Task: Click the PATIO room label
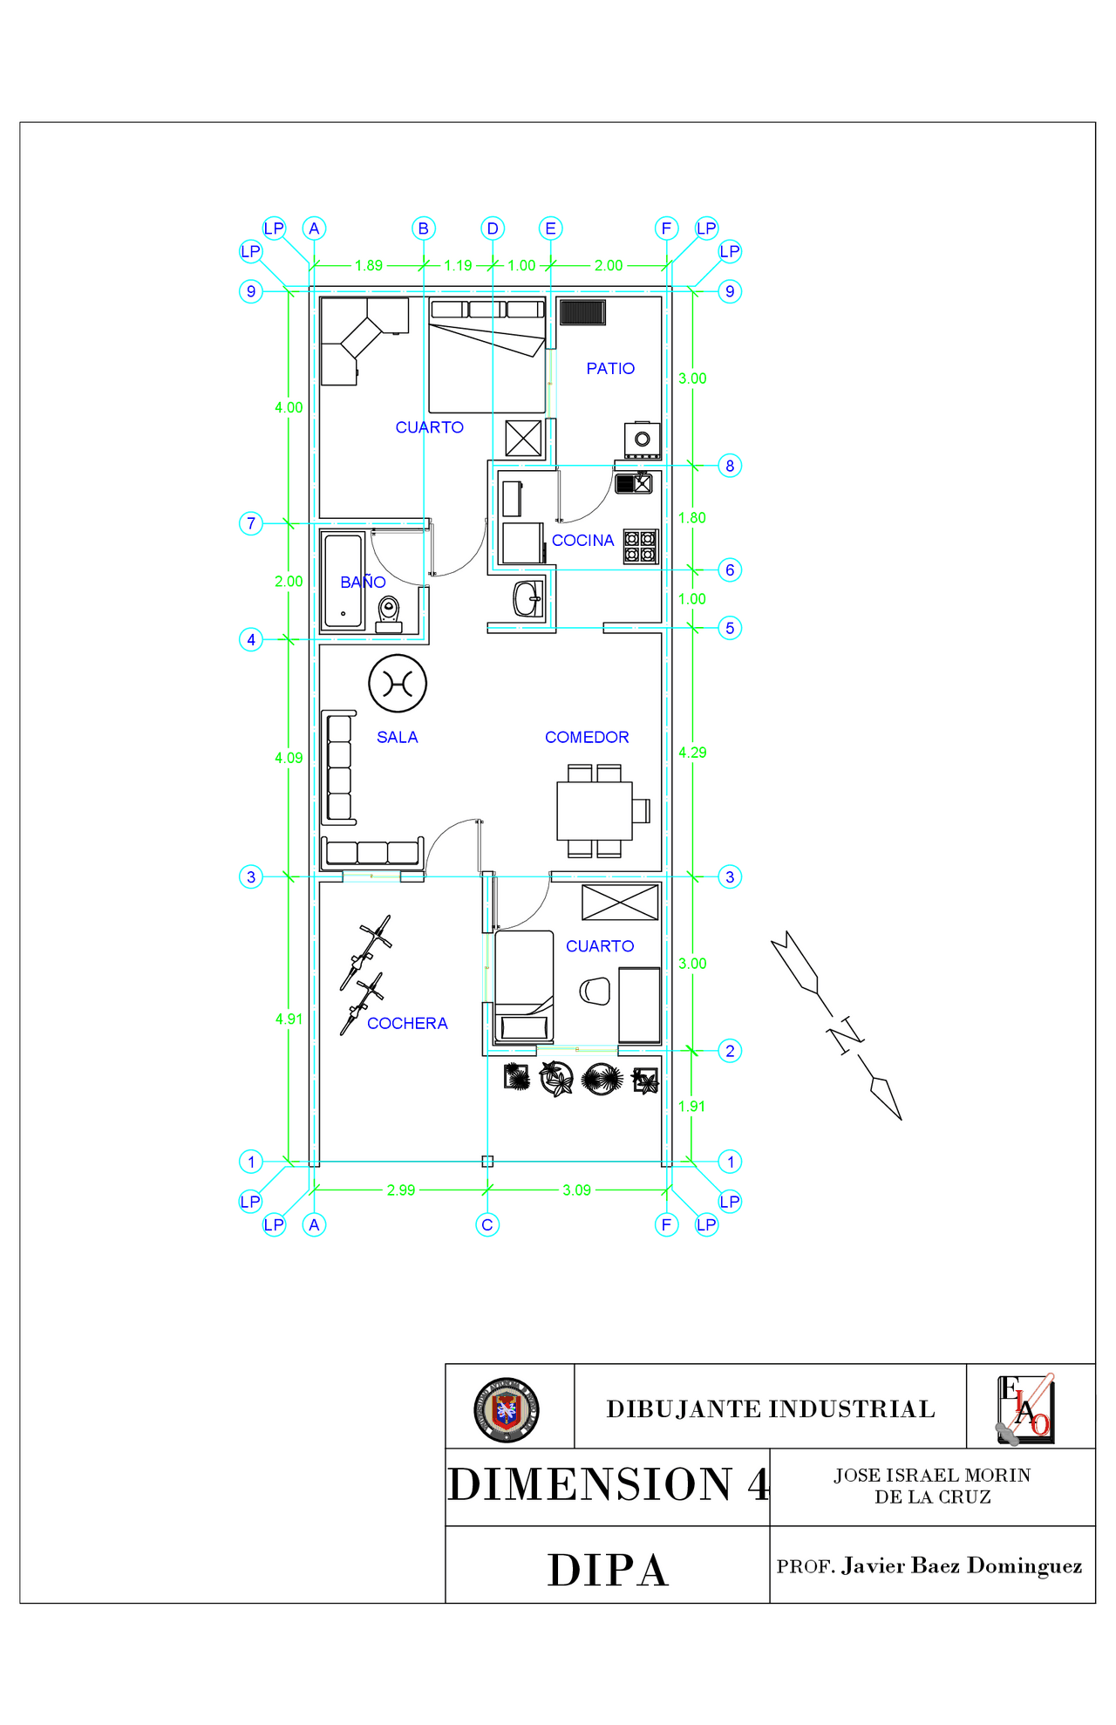[610, 369]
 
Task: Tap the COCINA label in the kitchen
[582, 541]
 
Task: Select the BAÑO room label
[363, 582]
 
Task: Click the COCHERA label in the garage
[407, 1023]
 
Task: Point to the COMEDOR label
[587, 737]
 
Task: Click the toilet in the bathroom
[389, 613]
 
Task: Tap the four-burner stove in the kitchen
[640, 547]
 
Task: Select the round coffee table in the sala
[398, 684]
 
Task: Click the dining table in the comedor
[595, 810]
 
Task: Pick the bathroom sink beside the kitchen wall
[527, 599]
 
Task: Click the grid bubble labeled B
[424, 228]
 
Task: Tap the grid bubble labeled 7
[251, 523]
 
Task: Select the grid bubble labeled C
[487, 1224]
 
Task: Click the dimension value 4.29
[692, 752]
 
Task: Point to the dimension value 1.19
[458, 265]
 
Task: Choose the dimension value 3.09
[576, 1190]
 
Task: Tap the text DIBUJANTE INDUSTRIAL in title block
[771, 1408]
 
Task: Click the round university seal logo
[507, 1409]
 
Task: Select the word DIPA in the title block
[608, 1570]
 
